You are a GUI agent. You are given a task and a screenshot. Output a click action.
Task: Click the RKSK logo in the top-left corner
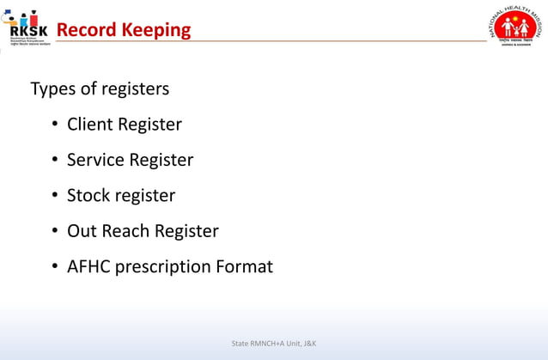26,27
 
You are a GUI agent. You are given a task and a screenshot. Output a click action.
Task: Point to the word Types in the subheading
52,89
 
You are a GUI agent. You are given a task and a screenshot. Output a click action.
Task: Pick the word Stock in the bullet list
88,196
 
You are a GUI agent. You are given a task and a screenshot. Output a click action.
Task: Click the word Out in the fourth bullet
81,231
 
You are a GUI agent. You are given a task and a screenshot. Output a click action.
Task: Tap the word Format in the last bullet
244,266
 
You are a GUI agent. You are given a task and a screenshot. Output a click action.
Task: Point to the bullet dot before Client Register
53,125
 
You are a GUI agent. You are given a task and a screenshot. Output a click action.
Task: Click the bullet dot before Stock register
53,197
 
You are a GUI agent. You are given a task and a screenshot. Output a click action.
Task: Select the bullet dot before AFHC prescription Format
53,267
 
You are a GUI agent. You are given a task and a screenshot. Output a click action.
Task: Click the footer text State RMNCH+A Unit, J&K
274,344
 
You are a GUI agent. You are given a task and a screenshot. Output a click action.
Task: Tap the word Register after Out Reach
186,232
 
